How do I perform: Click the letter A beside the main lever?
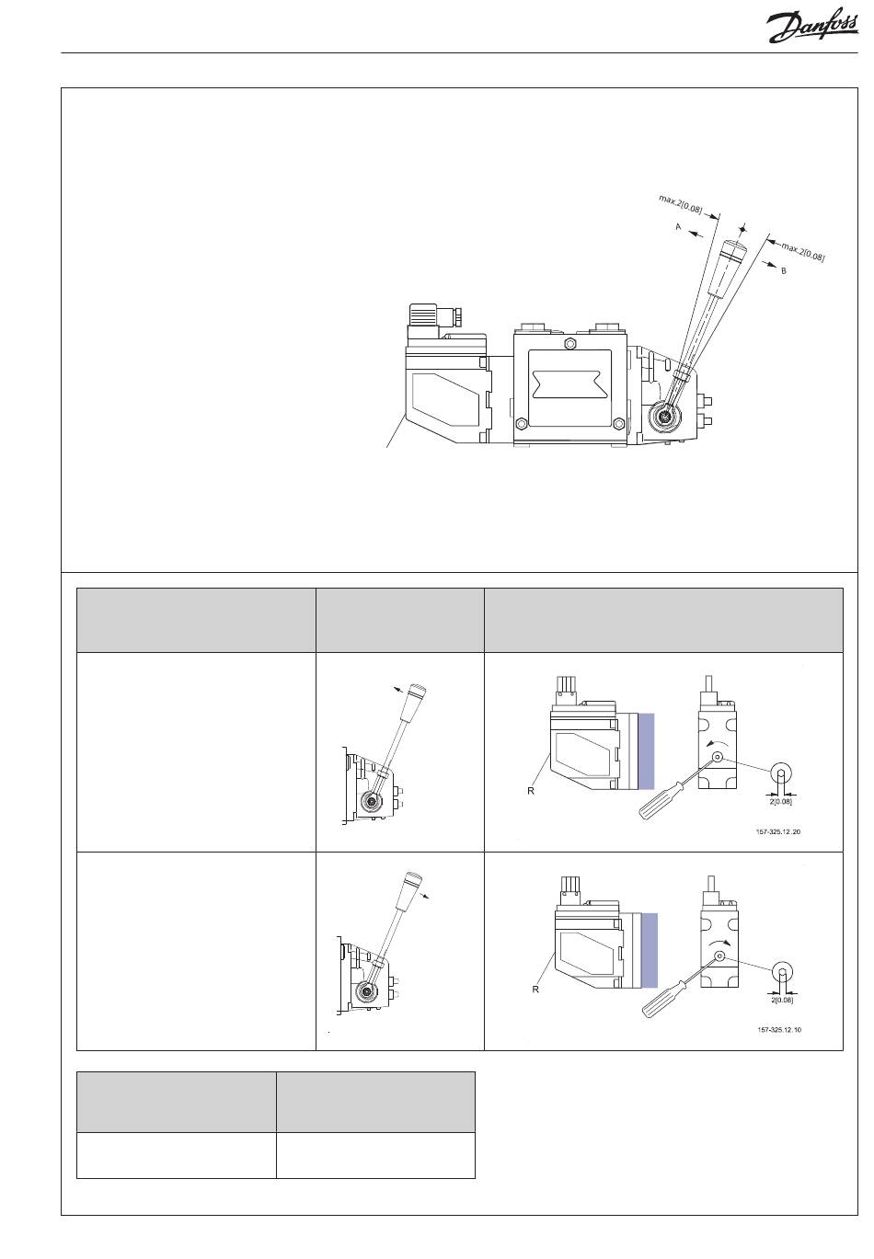pos(679,226)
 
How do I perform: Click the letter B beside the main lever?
pos(784,271)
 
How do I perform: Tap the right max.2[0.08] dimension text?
pos(803,251)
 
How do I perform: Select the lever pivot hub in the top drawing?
pos(663,417)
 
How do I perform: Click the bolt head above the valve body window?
pos(571,344)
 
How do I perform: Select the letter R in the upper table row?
pos(532,790)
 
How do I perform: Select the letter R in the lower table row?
pos(535,990)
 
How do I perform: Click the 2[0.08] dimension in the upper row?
pos(780,802)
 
